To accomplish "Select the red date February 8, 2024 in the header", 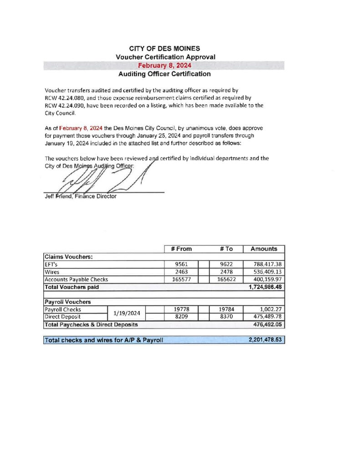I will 164,65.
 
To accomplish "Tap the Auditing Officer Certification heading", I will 164,74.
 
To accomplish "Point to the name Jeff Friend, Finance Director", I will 80,197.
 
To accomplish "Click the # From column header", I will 181,249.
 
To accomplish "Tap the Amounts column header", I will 264,249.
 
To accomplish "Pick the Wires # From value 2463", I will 182,272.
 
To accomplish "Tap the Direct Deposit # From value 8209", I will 182,317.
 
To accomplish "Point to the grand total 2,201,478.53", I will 265,340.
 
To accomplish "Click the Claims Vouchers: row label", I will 68,257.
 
